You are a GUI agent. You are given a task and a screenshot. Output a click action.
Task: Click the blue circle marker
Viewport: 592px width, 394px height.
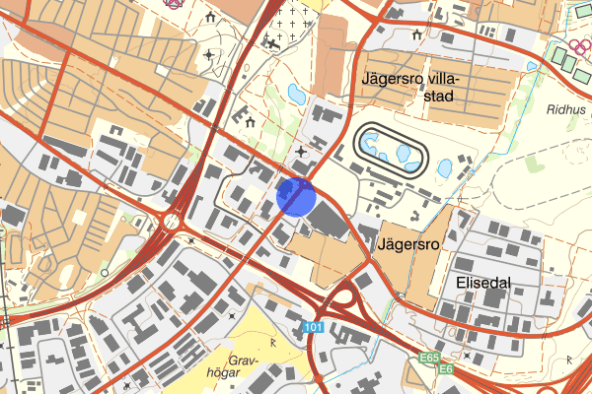[x=296, y=196]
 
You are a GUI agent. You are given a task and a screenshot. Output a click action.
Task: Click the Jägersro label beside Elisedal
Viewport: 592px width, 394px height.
[x=407, y=239]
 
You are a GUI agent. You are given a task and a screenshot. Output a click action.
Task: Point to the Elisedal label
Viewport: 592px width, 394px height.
[x=483, y=282]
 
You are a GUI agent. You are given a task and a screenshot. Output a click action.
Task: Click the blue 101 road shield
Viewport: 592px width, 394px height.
[x=314, y=327]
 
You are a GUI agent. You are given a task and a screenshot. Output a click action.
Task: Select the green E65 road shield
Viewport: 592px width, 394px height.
[x=428, y=358]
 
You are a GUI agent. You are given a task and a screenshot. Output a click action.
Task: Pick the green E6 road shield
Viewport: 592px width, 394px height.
[x=446, y=369]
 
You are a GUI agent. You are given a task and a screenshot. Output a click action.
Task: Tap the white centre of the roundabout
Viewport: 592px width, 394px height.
[x=175, y=222]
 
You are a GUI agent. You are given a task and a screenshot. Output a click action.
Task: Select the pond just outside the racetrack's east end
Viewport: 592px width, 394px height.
[x=443, y=167]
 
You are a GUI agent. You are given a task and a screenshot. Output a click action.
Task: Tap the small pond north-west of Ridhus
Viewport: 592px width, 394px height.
[x=533, y=67]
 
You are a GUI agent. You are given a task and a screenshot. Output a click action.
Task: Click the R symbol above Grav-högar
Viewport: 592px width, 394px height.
[x=272, y=342]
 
